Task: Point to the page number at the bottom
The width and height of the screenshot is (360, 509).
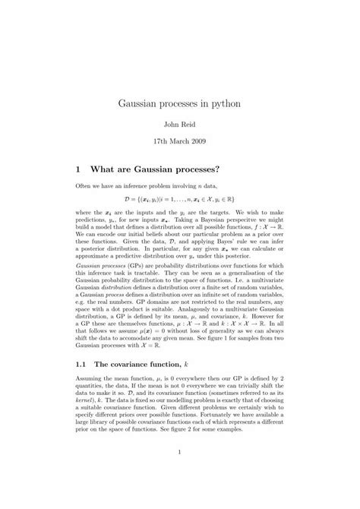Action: coord(180,476)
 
